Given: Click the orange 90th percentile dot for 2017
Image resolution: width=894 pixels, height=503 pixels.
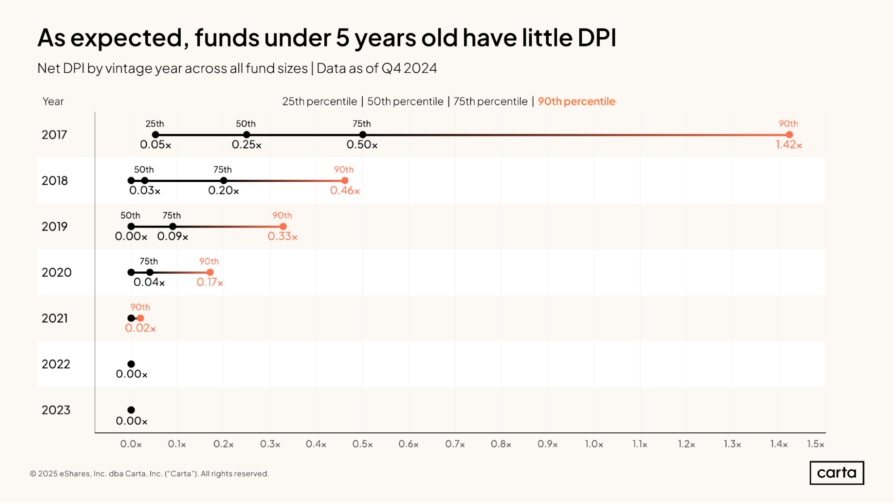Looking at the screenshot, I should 789,135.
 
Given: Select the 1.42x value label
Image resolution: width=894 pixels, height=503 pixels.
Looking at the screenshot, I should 788,145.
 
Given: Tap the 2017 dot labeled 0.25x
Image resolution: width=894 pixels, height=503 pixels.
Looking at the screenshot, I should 246,135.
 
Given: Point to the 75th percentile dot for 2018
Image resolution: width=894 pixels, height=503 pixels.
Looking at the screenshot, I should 224,181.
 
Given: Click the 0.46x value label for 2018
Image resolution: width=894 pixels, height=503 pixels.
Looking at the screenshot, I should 345,191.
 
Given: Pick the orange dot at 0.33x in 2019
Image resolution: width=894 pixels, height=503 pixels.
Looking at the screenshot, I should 283,227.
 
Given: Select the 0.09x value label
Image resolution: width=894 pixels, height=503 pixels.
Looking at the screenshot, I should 173,237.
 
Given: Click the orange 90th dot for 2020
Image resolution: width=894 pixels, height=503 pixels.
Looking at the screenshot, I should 210,272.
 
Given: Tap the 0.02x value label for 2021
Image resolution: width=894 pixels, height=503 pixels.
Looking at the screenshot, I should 140,328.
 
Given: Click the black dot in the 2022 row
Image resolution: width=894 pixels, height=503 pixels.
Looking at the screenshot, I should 131,364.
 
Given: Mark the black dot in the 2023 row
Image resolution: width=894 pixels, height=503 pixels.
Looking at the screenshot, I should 131,410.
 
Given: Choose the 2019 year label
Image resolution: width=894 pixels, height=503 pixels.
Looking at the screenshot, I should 55,227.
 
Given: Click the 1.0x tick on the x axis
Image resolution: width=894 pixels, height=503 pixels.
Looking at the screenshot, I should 594,444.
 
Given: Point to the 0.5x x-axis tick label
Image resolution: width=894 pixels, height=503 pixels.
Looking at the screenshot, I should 362,444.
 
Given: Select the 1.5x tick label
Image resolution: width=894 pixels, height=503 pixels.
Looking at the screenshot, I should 815,444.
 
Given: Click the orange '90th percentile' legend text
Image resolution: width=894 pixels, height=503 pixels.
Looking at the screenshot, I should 576,101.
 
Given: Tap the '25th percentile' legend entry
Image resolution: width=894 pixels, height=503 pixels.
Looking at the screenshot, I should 319,101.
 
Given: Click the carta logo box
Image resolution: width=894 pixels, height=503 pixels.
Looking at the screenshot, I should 836,473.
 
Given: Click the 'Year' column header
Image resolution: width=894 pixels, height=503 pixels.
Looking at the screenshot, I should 53,101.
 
